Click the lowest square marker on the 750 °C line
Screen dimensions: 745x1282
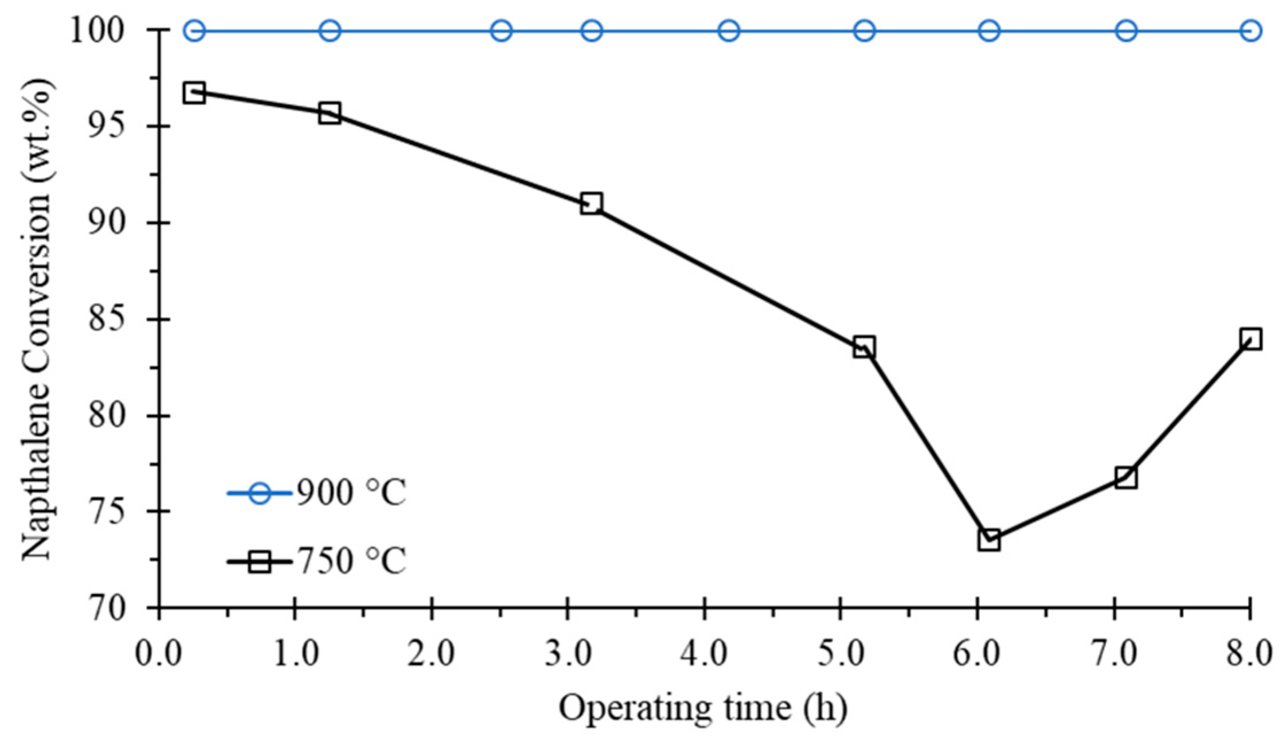click(989, 540)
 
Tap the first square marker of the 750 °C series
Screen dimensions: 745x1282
click(194, 92)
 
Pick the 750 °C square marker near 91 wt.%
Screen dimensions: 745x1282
click(591, 204)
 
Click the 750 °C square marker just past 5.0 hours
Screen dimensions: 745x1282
click(864, 347)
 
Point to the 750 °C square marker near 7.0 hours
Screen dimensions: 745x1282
click(1126, 477)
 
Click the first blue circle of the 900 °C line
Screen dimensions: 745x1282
click(194, 30)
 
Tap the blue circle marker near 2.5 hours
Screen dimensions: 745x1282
click(502, 30)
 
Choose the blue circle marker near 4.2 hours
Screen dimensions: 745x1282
click(729, 30)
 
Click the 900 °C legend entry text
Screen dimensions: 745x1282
click(350, 493)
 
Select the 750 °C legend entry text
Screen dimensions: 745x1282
click(350, 561)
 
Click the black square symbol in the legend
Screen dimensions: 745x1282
click(260, 561)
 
